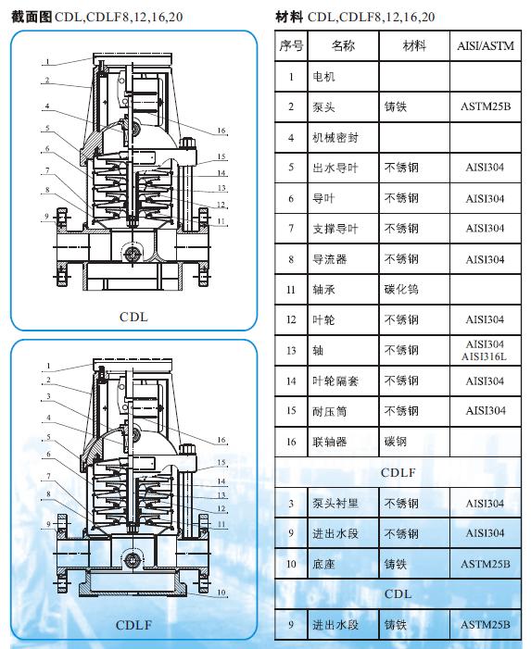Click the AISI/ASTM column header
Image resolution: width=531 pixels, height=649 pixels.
[x=484, y=46]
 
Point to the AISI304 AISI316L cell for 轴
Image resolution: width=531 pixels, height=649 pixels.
[x=484, y=351]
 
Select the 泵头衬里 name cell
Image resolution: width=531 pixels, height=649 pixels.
[x=341, y=504]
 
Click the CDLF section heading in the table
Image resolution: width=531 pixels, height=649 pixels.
[x=398, y=473]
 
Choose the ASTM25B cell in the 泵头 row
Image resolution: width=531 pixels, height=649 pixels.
[x=484, y=107]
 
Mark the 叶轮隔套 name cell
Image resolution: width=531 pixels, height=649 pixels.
[x=341, y=381]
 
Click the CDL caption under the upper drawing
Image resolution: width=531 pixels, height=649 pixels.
[x=133, y=317]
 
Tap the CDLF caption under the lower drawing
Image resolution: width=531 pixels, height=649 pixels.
[x=133, y=625]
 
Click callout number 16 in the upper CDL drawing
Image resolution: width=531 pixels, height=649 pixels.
[x=221, y=131]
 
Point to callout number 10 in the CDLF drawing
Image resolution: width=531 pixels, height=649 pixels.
[x=221, y=591]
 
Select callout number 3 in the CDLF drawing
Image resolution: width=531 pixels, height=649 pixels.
[x=45, y=396]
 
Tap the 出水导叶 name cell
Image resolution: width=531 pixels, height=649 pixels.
[x=341, y=168]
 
